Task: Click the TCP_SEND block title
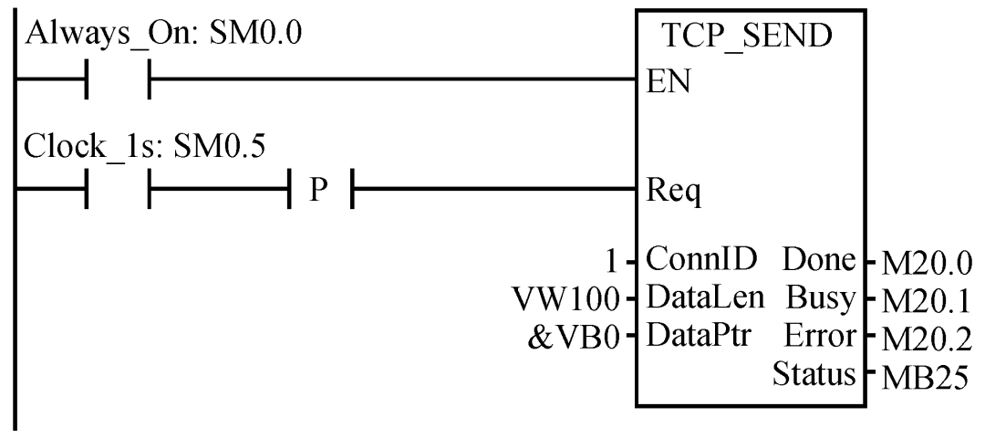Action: point(747,41)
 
